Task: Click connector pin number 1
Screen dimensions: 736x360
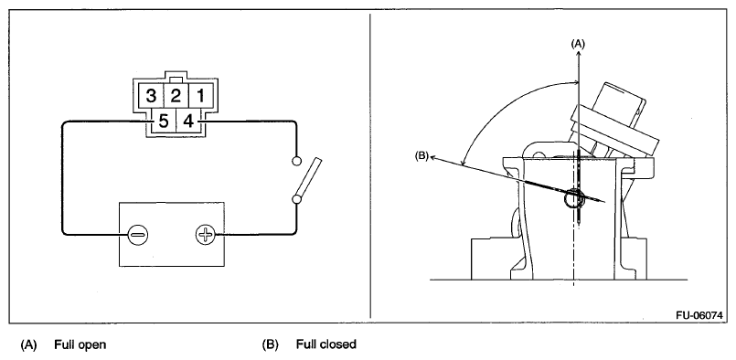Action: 200,96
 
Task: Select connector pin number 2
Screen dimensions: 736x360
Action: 176,96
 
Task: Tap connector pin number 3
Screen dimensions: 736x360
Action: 151,96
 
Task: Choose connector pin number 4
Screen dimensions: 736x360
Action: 188,122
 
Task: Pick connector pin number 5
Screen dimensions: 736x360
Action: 163,122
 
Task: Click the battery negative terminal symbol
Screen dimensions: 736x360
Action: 138,233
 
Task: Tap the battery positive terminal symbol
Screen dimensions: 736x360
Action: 205,234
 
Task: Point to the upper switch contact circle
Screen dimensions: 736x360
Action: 296,161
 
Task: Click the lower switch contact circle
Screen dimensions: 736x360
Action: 296,199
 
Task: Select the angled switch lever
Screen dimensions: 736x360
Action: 309,178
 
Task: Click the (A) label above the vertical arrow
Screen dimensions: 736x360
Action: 578,44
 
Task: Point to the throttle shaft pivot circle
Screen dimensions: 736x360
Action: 574,198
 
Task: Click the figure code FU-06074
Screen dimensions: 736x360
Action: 699,315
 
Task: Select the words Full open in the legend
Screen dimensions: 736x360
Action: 80,344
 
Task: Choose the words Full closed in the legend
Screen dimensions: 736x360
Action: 326,344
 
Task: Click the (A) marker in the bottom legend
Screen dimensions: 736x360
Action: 28,345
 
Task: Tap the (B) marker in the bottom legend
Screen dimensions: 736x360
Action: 271,345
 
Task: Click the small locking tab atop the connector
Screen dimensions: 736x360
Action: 176,79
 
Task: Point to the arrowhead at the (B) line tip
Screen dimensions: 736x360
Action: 433,158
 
